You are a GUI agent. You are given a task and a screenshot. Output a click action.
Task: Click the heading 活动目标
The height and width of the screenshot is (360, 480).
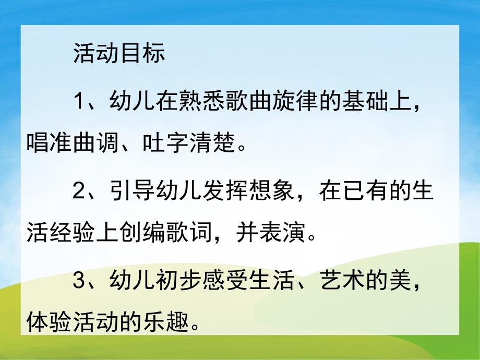pyautogui.click(x=119, y=54)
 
